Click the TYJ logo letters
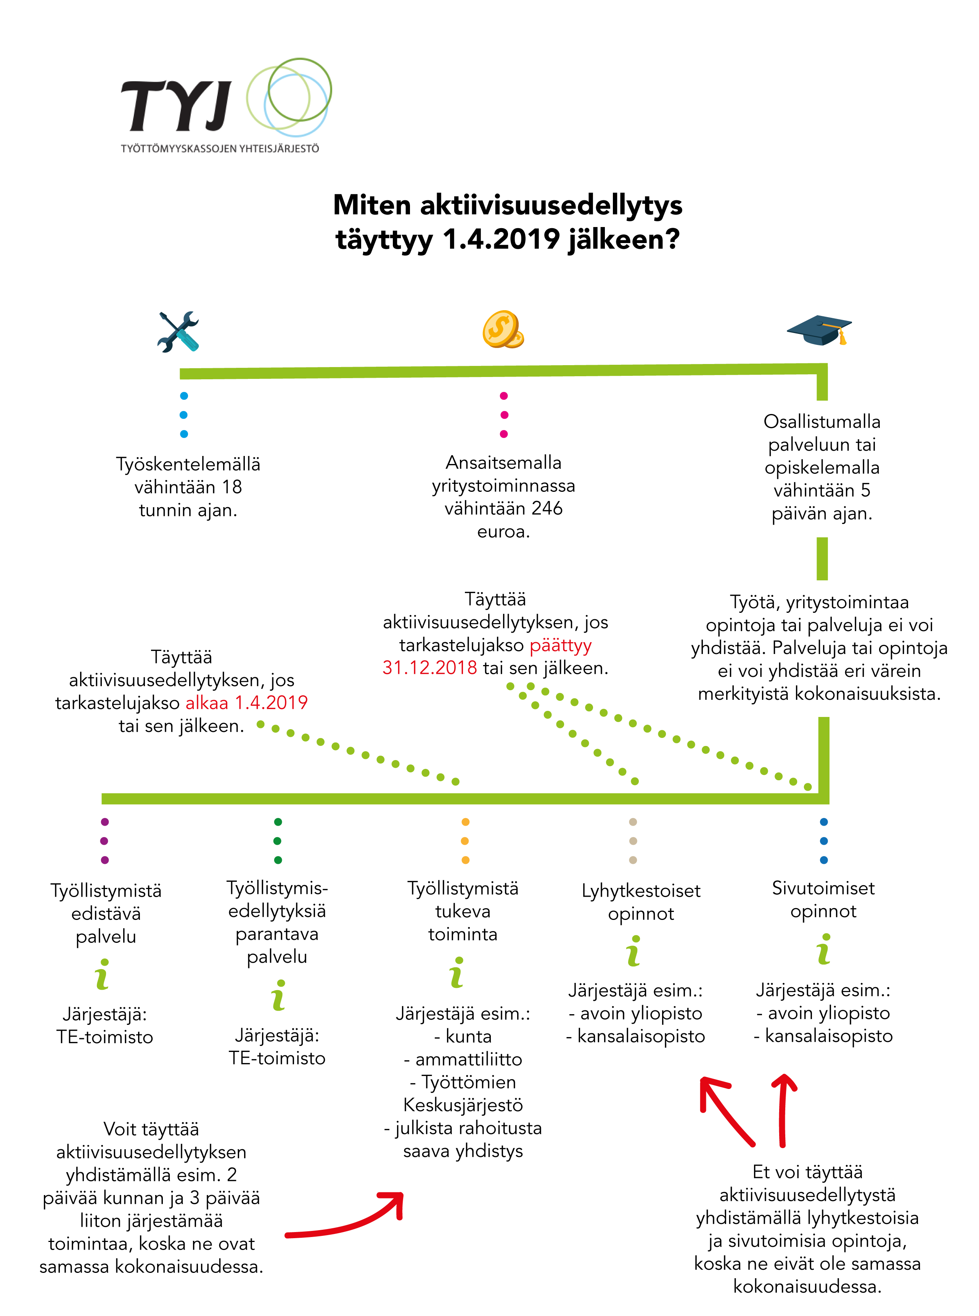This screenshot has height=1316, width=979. point(176,106)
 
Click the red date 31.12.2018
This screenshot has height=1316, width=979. point(430,668)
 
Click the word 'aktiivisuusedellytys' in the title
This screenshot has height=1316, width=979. point(551,206)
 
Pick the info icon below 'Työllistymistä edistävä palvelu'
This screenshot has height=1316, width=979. point(103,975)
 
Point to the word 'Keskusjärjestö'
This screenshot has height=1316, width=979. point(463,1105)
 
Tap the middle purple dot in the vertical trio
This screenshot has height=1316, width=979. point(105,841)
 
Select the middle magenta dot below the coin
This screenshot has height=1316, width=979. point(504,415)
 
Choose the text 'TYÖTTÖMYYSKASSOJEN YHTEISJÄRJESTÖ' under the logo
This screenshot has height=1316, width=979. point(220,149)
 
